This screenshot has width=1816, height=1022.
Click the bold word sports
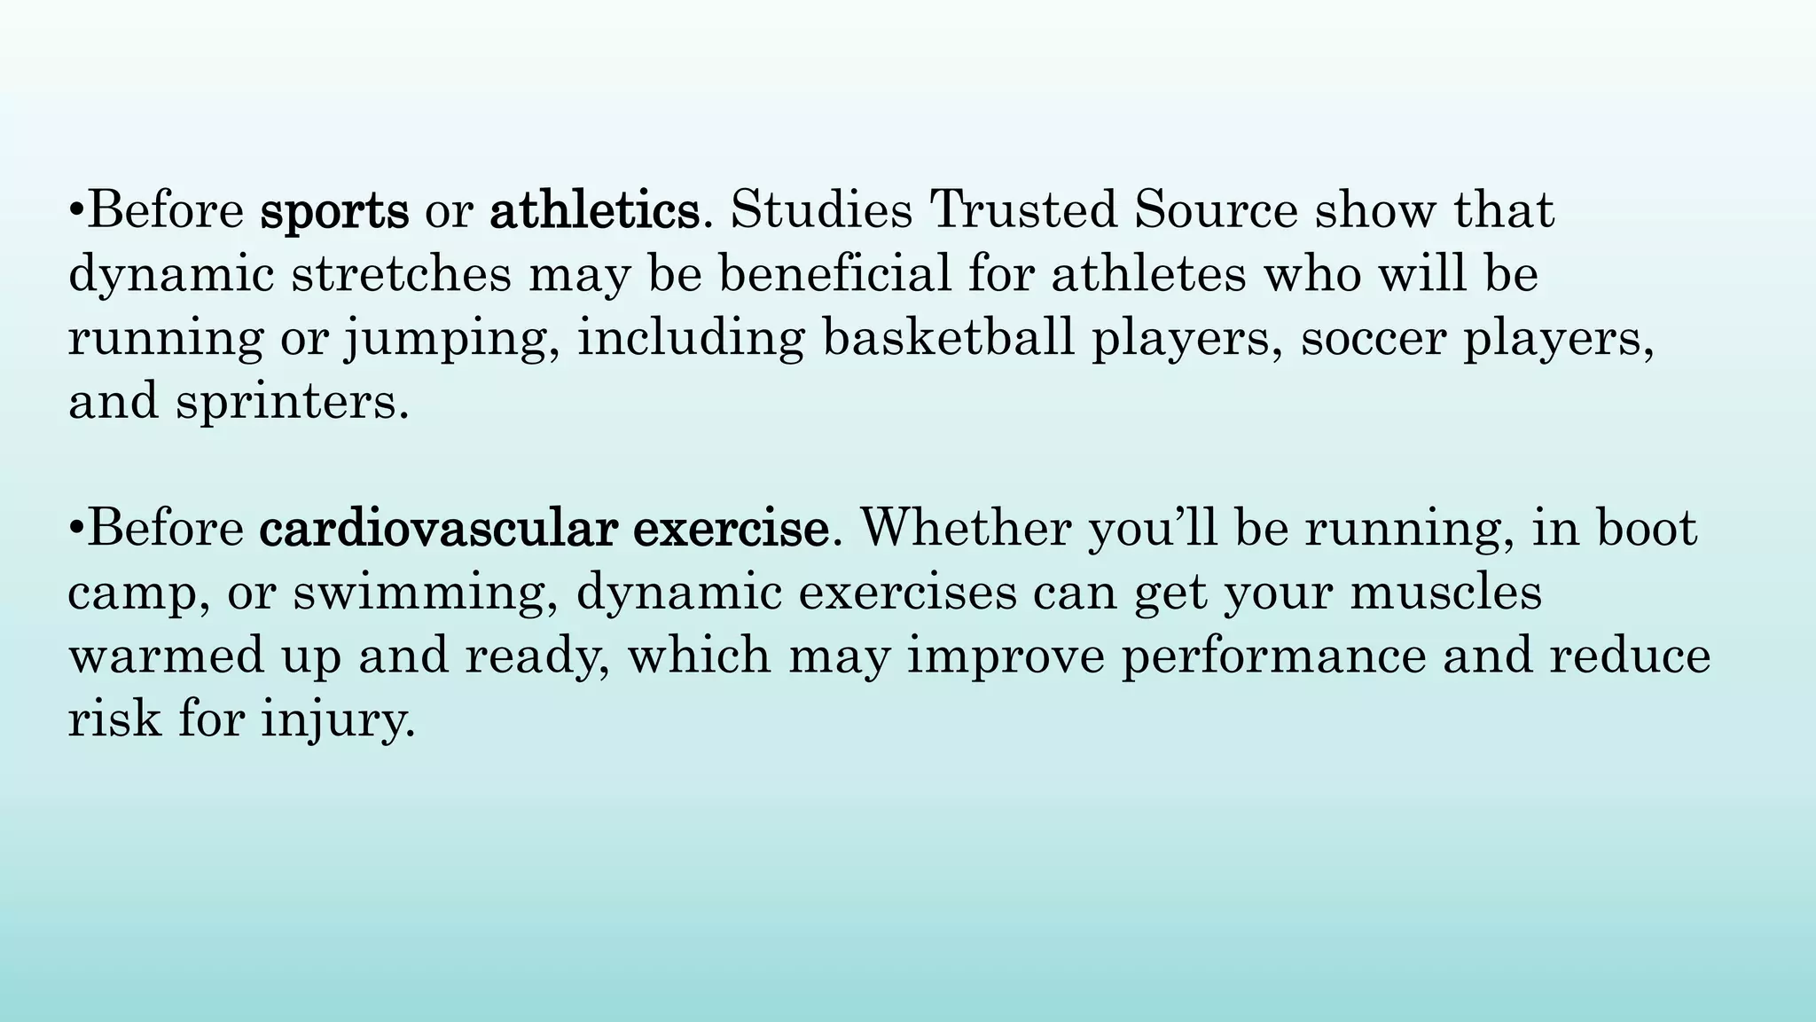point(334,211)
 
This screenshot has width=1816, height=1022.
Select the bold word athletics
point(594,211)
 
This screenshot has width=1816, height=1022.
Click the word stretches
point(402,274)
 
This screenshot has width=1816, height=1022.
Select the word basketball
point(949,338)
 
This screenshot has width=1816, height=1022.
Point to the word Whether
point(966,529)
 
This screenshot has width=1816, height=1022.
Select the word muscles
point(1446,593)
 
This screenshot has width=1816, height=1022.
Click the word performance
point(1273,656)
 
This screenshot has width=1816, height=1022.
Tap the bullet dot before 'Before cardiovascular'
point(76,531)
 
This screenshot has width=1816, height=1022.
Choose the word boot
point(1647,529)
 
